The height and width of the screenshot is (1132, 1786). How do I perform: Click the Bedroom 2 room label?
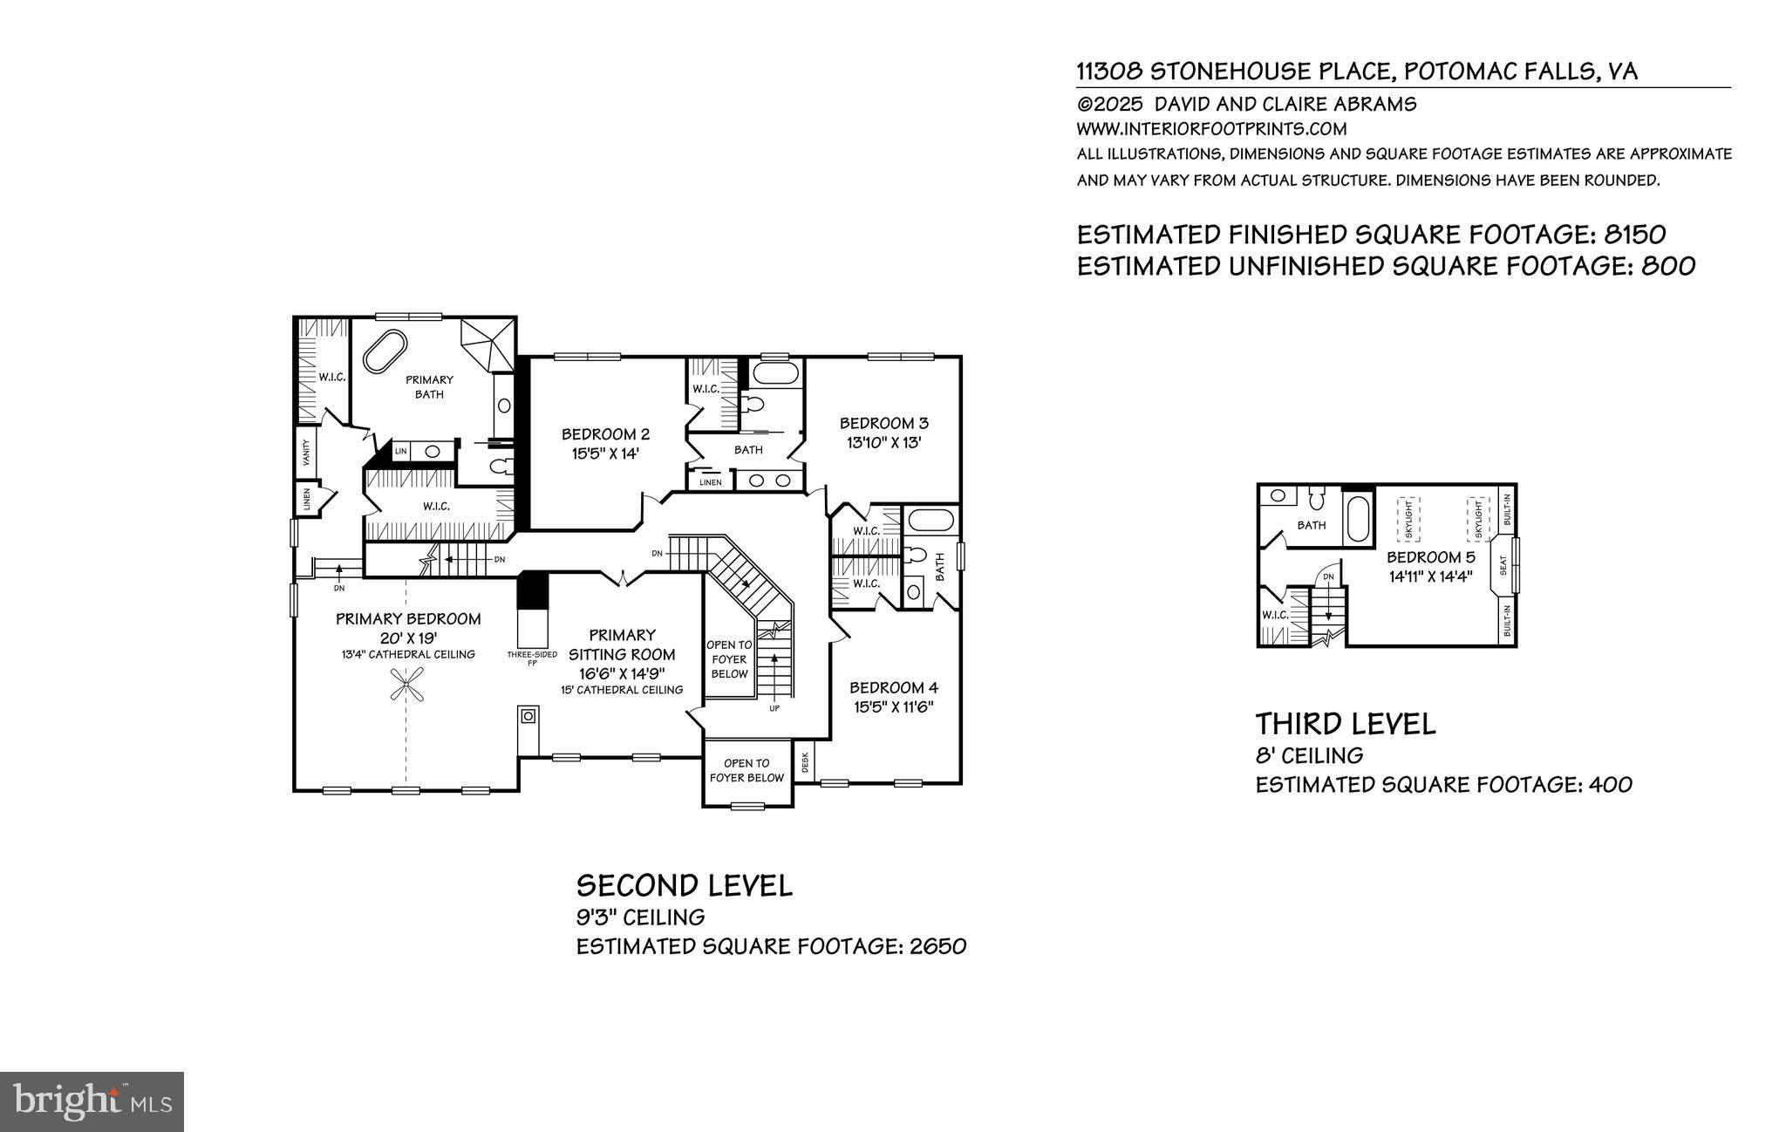[x=605, y=434]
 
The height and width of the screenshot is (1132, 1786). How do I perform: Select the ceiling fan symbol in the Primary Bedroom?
[x=407, y=683]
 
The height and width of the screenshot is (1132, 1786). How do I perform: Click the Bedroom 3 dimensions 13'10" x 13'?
[x=884, y=442]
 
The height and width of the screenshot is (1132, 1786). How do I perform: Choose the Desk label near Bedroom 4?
[x=805, y=762]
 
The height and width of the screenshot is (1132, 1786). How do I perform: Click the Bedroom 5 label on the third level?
[x=1431, y=557]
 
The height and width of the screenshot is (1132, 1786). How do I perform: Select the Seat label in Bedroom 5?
[x=1503, y=566]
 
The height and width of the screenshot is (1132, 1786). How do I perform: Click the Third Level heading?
[x=1345, y=724]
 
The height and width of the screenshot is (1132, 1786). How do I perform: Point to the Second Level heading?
[x=685, y=886]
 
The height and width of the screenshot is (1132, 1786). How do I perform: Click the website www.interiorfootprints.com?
[x=1212, y=129]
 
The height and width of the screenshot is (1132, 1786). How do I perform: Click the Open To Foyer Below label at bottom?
[x=746, y=770]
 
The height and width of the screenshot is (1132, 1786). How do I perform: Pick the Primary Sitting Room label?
[x=622, y=644]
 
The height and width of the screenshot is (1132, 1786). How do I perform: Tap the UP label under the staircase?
[x=774, y=708]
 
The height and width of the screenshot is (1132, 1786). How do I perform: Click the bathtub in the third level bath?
[x=1359, y=520]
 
